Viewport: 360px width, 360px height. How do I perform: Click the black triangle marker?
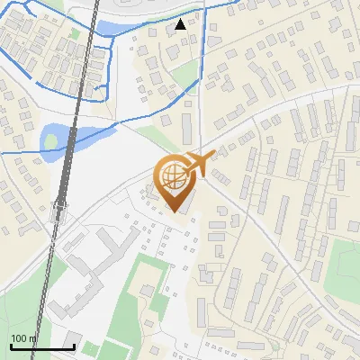(x=182, y=24)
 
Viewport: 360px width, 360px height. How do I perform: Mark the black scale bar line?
(x=41, y=346)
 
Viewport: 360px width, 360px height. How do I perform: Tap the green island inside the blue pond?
(x=50, y=140)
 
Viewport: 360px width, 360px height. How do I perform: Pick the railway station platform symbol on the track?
(x=59, y=212)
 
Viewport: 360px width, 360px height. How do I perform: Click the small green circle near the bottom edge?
(x=89, y=346)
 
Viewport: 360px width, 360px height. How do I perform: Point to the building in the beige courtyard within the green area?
(x=148, y=289)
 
